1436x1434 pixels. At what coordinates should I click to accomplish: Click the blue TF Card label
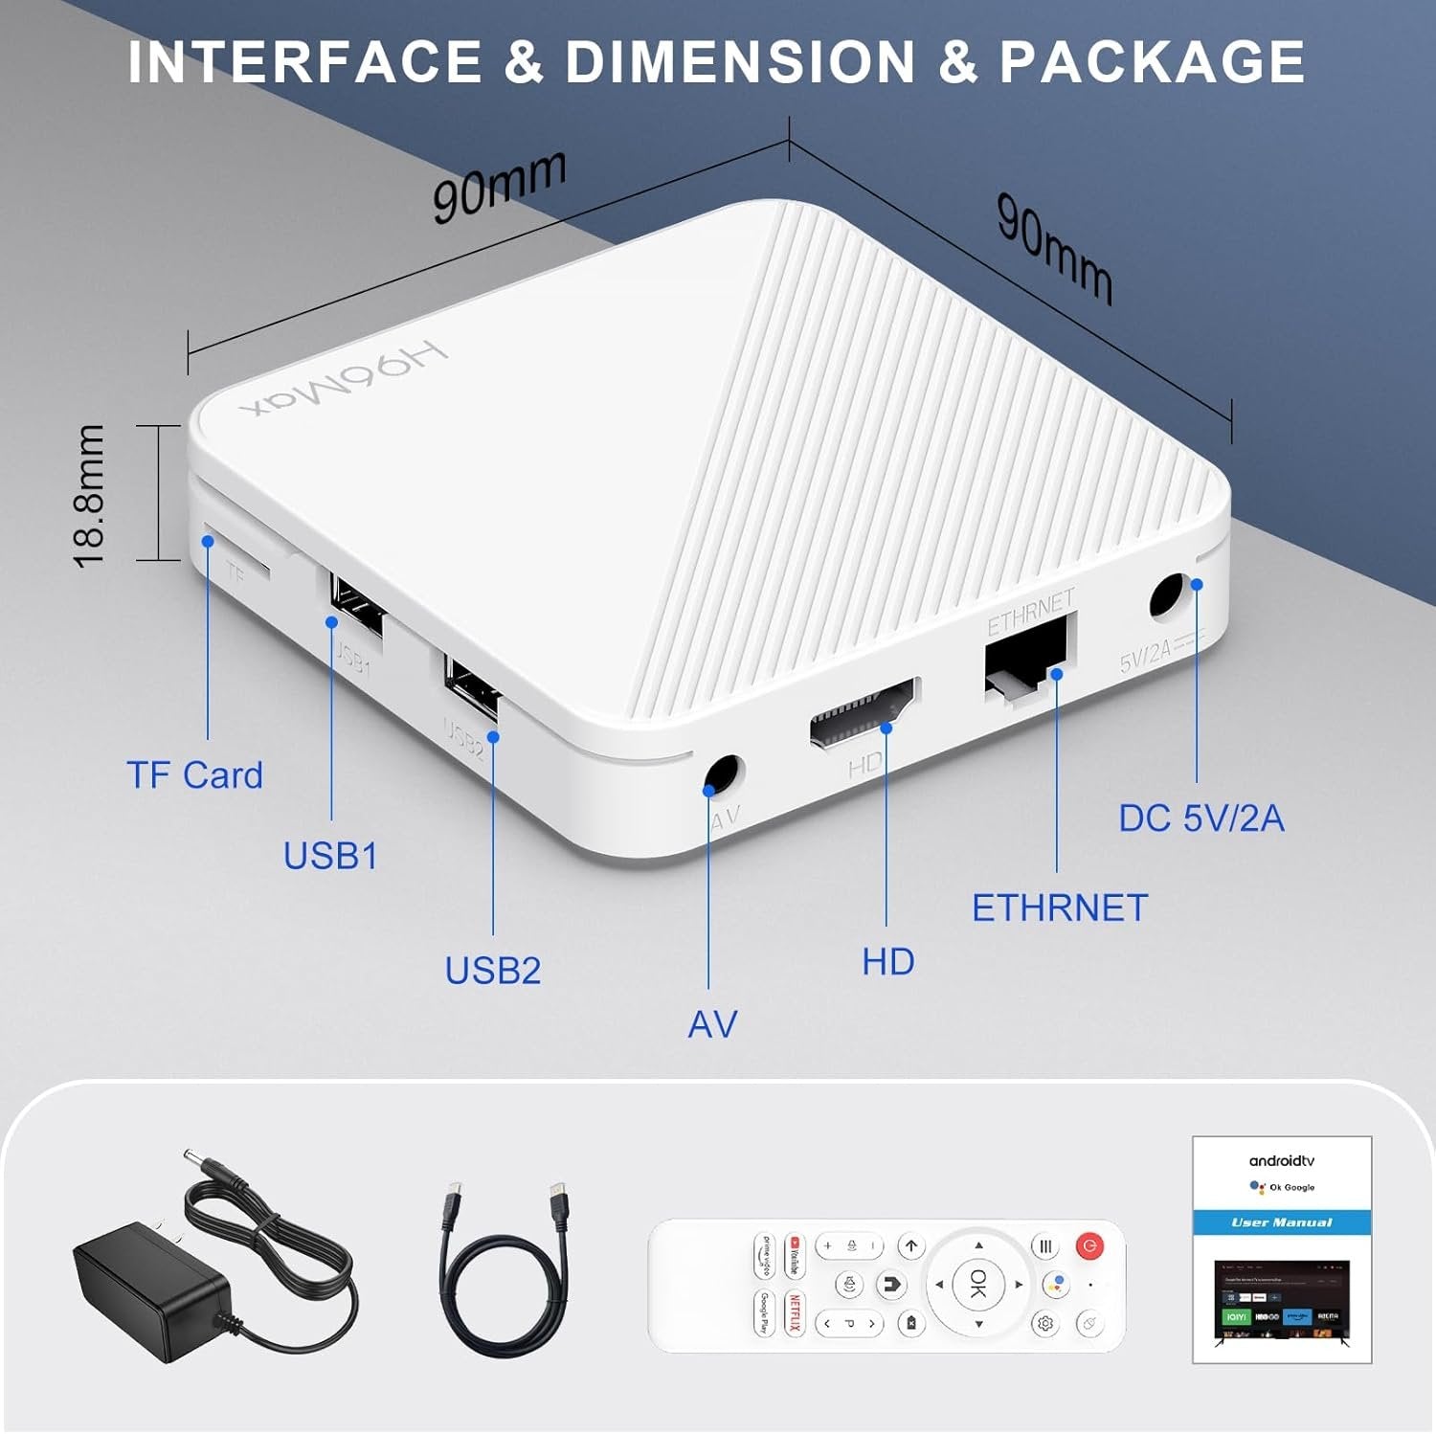click(194, 775)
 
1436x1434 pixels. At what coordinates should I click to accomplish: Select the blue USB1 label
click(330, 856)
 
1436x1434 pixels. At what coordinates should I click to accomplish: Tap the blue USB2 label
click(493, 971)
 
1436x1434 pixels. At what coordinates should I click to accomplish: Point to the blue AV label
click(712, 1024)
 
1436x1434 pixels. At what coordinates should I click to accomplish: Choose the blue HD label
click(887, 962)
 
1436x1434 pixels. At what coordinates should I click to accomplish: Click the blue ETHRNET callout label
click(1060, 908)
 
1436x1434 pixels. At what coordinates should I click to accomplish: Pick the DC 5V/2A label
click(1201, 818)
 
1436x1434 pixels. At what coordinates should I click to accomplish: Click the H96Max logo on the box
click(345, 380)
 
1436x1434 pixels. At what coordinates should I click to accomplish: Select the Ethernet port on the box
click(1025, 658)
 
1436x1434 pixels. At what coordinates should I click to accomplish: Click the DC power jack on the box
click(1167, 597)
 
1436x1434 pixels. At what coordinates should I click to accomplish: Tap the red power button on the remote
click(1089, 1245)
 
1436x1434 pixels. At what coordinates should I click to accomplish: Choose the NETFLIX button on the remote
click(794, 1311)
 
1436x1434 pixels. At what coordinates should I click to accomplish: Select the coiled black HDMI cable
click(505, 1273)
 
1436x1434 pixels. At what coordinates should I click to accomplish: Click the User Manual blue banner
click(1282, 1222)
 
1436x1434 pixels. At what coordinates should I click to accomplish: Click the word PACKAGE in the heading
click(1152, 62)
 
